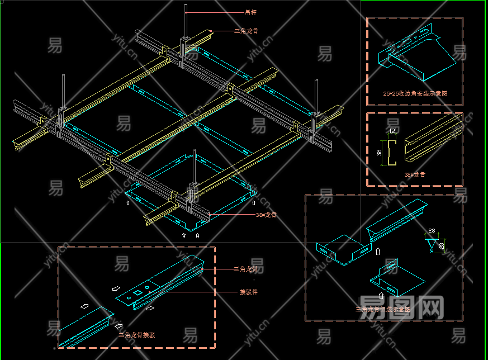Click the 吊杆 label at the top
click(251, 12)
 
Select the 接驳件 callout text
click(248, 292)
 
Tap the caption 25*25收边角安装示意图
click(415, 93)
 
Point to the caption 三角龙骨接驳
click(137, 335)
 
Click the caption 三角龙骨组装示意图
click(383, 309)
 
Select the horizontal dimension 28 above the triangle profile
click(432, 230)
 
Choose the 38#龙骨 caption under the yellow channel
click(414, 174)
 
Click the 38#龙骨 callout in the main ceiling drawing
click(266, 214)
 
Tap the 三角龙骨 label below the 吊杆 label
click(246, 31)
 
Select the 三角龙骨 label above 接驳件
click(246, 269)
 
